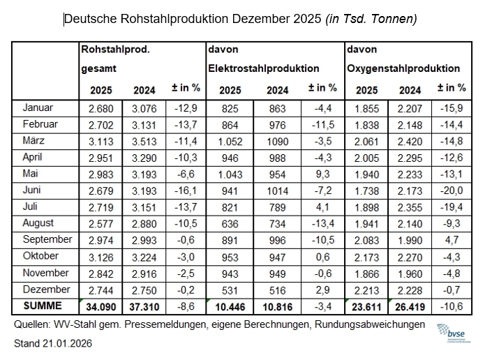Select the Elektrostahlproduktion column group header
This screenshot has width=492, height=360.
[x=263, y=68]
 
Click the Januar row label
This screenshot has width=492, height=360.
[x=38, y=108]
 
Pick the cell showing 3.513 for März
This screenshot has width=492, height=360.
[x=144, y=141]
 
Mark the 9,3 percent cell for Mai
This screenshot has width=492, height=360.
[x=322, y=174]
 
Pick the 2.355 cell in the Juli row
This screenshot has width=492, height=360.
[x=410, y=207]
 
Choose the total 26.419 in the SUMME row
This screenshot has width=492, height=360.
[x=410, y=306]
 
